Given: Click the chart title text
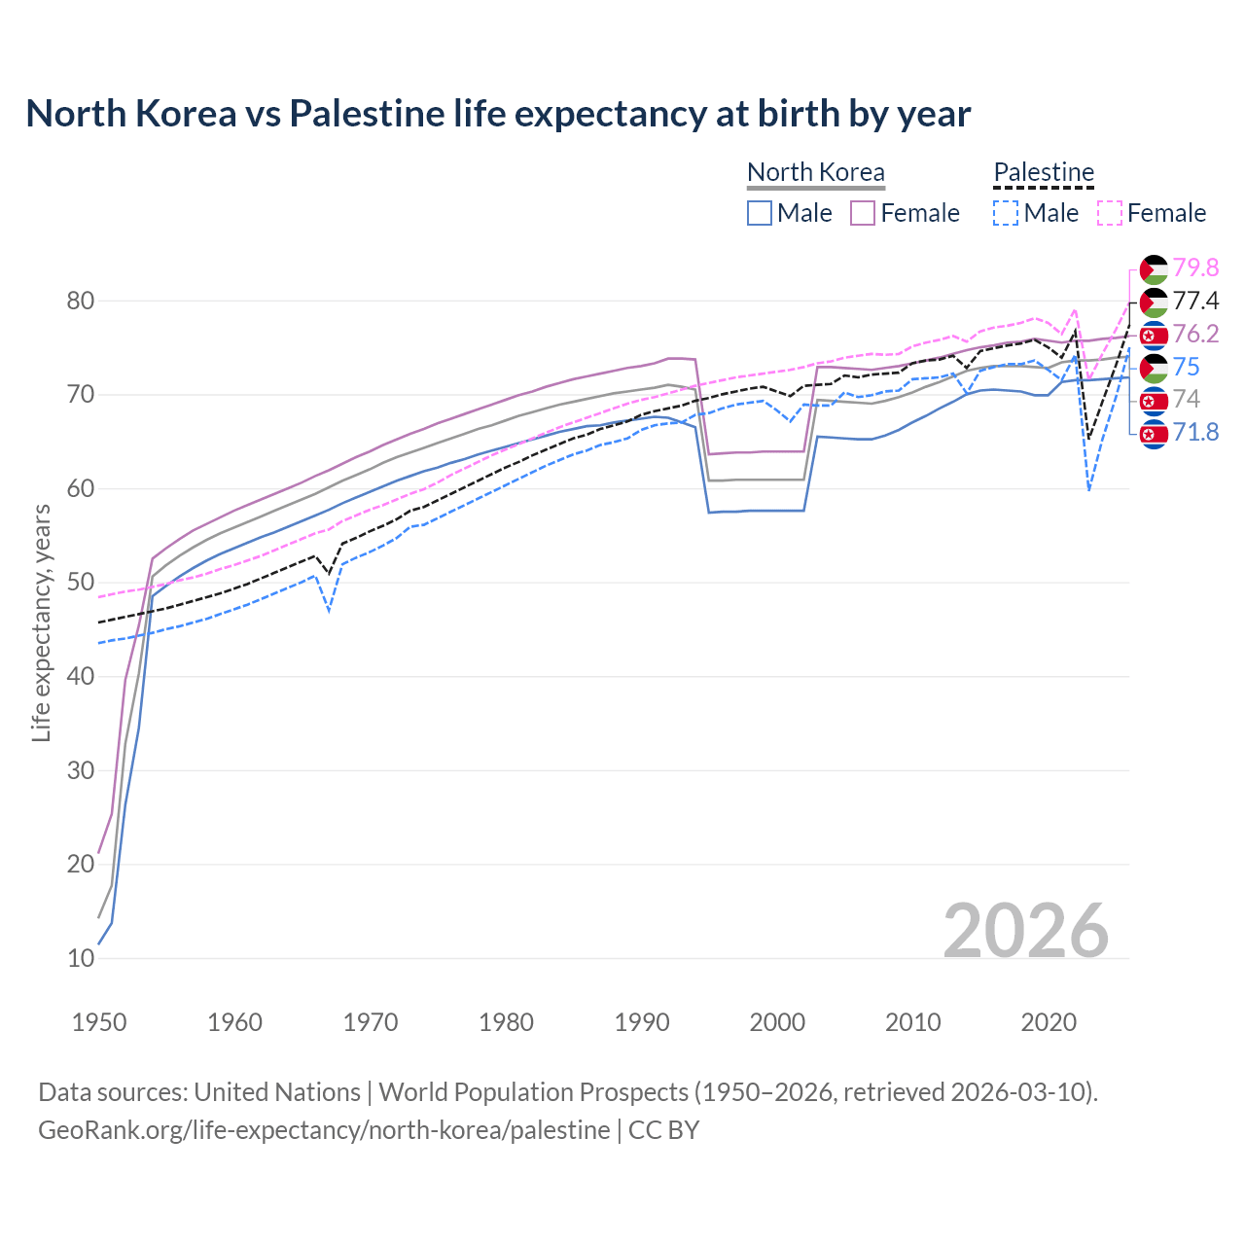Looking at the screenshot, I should click(498, 114).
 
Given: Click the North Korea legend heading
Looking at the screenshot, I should click(815, 172).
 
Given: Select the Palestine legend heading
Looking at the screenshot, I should click(1044, 172).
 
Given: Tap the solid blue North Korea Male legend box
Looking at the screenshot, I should click(760, 213).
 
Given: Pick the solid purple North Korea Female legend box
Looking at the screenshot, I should click(863, 213).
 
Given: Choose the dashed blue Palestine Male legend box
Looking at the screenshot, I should click(1006, 213).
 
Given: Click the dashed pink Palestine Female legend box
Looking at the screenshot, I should click(1110, 213).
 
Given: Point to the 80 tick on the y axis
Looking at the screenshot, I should click(81, 302).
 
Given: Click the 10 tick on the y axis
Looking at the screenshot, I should click(81, 958).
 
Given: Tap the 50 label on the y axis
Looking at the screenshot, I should click(81, 583).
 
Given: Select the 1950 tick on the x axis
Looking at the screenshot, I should click(99, 1022).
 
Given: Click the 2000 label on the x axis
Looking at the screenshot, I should click(777, 1022).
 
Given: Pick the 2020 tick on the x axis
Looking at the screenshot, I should click(1049, 1022).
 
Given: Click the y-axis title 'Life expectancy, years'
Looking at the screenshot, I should click(42, 622).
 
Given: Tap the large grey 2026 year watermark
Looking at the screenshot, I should click(1025, 931).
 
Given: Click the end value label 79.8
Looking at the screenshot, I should click(1195, 267).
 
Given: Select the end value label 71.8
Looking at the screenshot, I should click(1195, 432).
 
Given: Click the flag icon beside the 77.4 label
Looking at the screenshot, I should click(1154, 302).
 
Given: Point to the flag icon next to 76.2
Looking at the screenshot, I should click(1154, 335).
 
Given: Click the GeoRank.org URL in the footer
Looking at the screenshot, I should click(324, 1130).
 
